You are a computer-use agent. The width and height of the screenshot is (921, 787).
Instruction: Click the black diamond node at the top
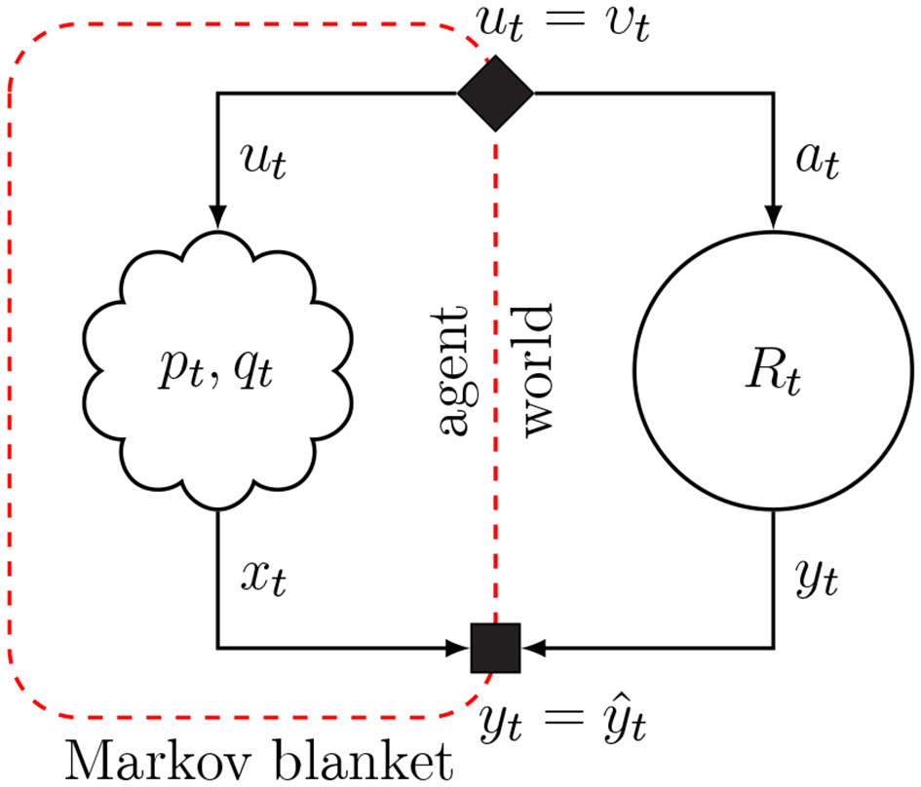click(x=495, y=93)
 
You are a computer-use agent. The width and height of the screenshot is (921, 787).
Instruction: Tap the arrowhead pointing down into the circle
click(x=775, y=218)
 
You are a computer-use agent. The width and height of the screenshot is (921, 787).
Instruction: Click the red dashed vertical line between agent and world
click(x=496, y=244)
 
